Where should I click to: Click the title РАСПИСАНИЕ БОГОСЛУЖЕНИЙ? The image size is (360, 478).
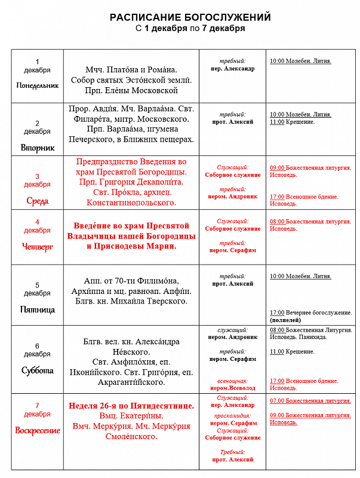coord(190,17)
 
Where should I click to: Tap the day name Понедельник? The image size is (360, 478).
coord(37,85)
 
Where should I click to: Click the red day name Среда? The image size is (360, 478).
coord(37,201)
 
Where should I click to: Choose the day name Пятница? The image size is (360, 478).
coord(37,310)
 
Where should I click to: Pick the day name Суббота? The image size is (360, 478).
coord(37,370)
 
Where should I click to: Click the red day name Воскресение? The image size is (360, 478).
coord(37,430)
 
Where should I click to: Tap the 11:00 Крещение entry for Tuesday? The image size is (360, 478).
coord(292,122)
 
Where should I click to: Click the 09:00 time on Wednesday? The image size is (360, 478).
coord(277,168)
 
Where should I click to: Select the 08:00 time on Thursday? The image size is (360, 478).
coord(277,221)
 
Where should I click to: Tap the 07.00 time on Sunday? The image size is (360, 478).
coord(277,400)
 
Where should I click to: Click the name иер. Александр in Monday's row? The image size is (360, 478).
coord(233,68)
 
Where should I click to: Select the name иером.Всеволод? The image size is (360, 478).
coord(233,388)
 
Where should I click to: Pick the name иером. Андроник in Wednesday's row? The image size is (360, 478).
coord(233,196)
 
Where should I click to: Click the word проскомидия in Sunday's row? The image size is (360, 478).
coord(233,414)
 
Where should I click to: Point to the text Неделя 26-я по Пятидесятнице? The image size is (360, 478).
coord(131,406)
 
